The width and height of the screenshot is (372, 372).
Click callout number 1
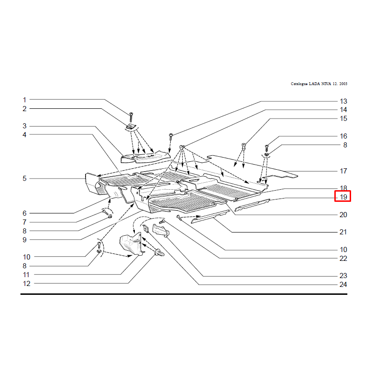pos(24,100)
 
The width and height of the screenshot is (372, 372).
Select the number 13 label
pos(343,101)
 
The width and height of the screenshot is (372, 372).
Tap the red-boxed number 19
pos(343,197)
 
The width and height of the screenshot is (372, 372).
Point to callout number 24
pos(343,285)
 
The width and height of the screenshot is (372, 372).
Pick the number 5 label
pos(25,179)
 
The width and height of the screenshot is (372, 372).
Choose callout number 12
pos(27,284)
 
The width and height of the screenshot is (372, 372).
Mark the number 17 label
pos(343,171)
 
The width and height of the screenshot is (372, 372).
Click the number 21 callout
pos(343,232)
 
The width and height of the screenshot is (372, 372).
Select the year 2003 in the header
pos(343,84)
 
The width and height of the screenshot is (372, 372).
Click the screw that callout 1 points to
pos(131,117)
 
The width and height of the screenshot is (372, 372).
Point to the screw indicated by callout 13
pos(171,136)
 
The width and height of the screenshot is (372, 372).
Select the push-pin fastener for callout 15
pos(243,146)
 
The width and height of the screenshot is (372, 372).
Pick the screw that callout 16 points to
pos(266,148)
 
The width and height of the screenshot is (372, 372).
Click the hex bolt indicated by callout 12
pos(159,252)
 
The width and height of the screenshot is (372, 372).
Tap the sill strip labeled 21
pos(210,217)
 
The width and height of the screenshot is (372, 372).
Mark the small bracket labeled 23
pos(160,230)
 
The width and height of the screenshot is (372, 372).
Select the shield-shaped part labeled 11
pos(131,245)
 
